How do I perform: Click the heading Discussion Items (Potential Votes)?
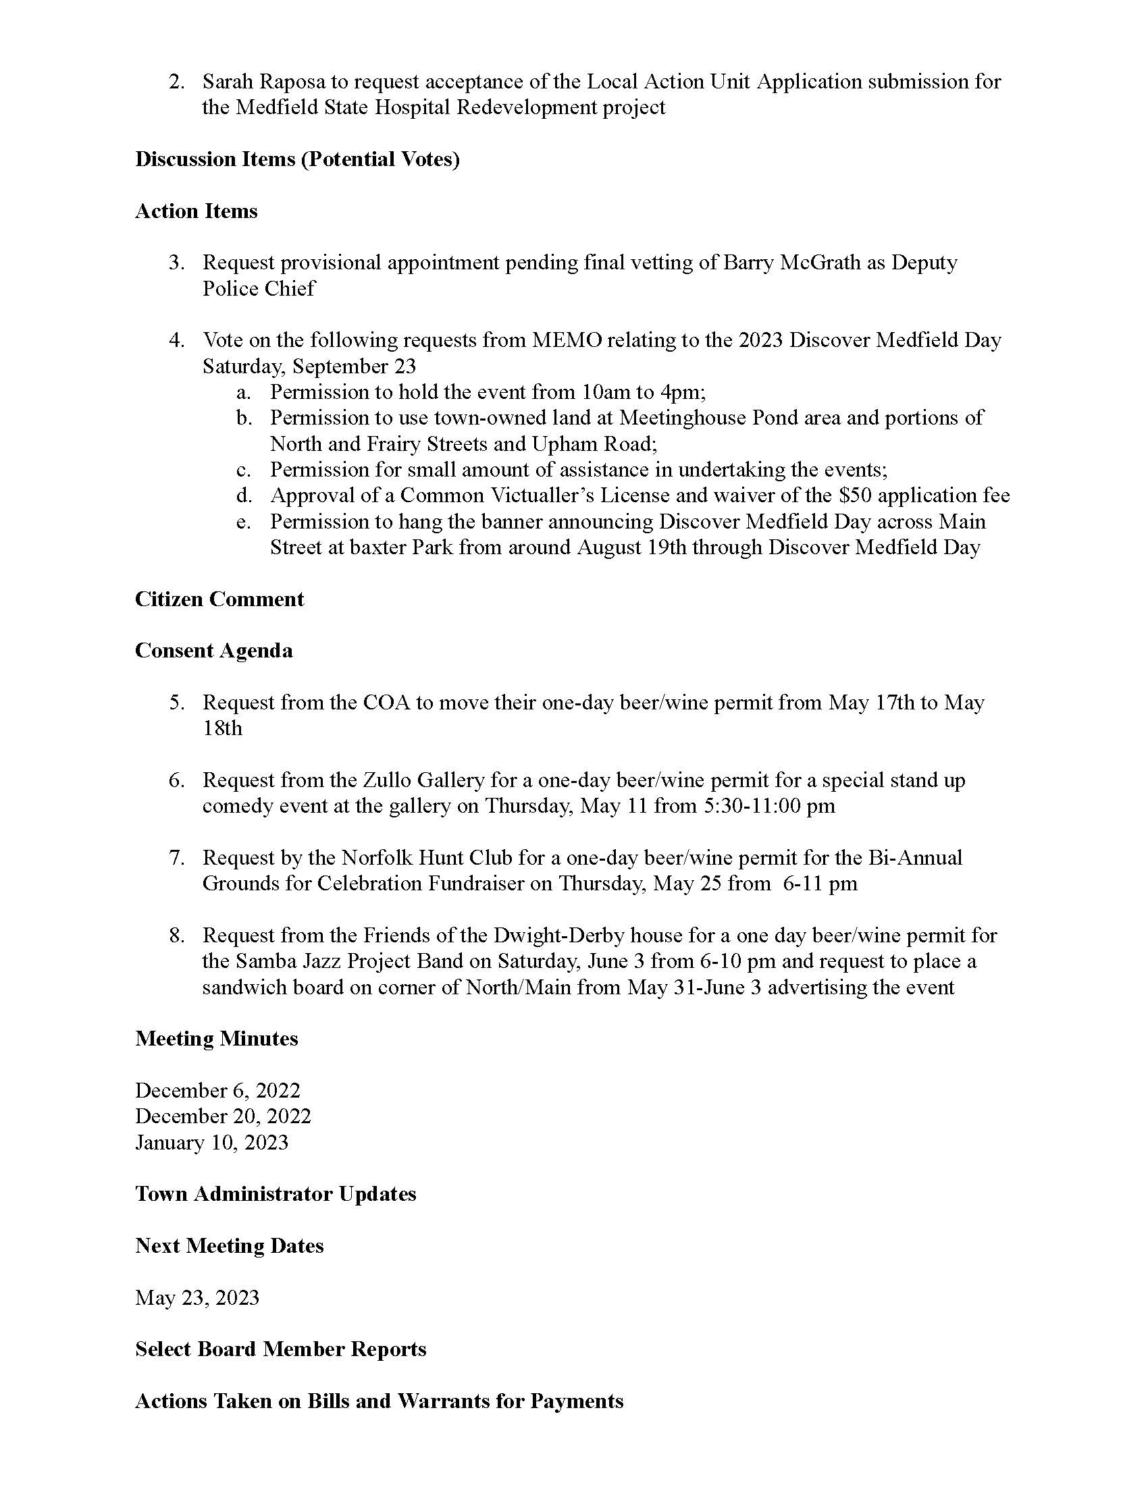pyautogui.click(x=297, y=159)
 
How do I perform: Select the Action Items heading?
pyautogui.click(x=196, y=211)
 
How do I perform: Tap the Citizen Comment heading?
pyautogui.click(x=219, y=599)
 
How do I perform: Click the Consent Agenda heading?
pyautogui.click(x=213, y=651)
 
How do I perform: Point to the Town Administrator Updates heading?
pyautogui.click(x=276, y=1194)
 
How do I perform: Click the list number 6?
pyautogui.click(x=176, y=780)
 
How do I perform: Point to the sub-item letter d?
pyautogui.click(x=244, y=495)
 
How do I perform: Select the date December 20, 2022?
pyautogui.click(x=223, y=1116)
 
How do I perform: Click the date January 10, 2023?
pyautogui.click(x=211, y=1142)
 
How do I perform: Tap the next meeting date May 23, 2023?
pyautogui.click(x=197, y=1297)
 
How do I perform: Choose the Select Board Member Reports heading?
pyautogui.click(x=280, y=1349)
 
